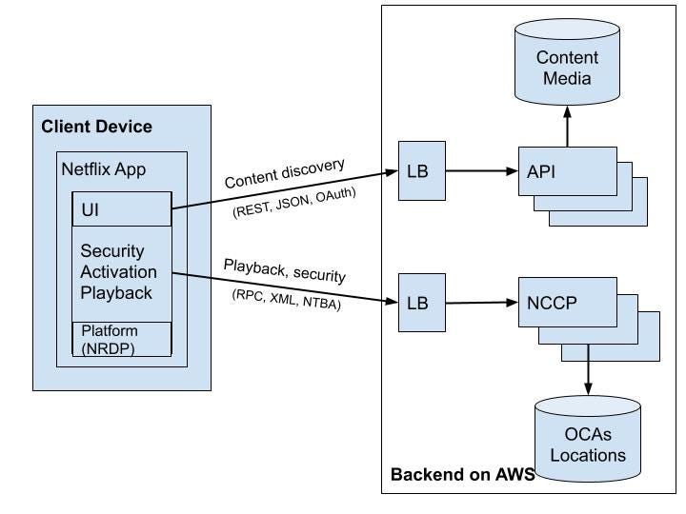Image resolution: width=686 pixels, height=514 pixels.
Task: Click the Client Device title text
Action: (x=96, y=127)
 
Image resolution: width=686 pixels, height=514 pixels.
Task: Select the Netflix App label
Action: (x=103, y=171)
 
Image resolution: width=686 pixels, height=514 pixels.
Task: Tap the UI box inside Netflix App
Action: (x=122, y=208)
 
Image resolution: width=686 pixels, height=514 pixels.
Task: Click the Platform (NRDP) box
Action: (x=122, y=339)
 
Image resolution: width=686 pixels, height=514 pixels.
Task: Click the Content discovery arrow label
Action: (x=284, y=174)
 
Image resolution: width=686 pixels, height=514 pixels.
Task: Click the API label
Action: (x=542, y=171)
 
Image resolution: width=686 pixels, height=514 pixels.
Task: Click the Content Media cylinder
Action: (x=568, y=67)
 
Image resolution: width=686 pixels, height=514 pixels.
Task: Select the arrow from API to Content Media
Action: (x=568, y=127)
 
